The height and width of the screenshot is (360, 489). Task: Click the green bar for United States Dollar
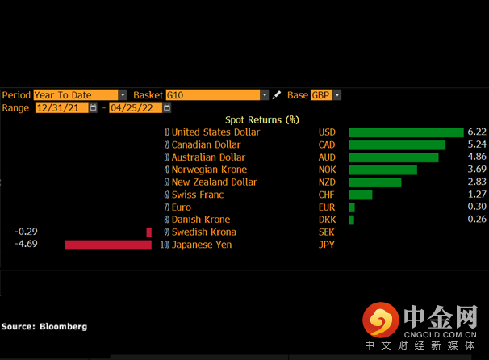[406, 132]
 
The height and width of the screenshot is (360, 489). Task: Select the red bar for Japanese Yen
[108, 245]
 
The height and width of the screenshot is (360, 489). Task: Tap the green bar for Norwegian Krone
[382, 170]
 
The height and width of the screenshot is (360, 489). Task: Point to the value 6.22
[476, 132]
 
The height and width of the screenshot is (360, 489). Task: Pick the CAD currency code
[327, 145]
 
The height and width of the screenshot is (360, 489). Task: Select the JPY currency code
[327, 245]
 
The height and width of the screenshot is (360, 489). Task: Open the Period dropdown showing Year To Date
[80, 95]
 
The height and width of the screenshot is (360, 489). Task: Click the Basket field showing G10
[217, 95]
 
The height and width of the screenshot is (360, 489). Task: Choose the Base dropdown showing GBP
[326, 95]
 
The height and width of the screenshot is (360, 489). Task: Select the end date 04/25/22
[136, 107]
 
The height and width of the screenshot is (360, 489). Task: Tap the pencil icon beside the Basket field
[277, 95]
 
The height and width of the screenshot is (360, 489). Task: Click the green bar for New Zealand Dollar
[374, 182]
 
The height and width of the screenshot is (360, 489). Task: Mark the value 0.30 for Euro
[476, 207]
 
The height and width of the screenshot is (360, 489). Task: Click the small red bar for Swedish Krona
[148, 232]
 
